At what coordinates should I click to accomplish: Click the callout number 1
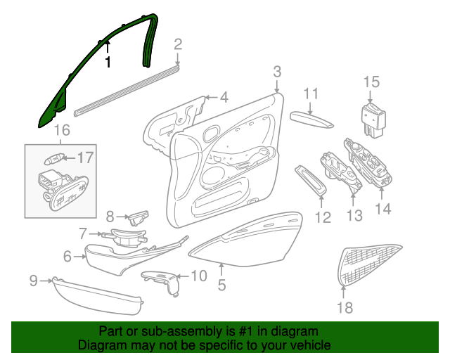point(108,62)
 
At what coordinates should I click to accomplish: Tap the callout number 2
point(178,44)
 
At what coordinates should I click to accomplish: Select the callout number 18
point(345,308)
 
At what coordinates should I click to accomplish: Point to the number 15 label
point(371,82)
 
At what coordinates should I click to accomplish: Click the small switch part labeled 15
point(373,120)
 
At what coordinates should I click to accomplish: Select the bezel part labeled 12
point(311,180)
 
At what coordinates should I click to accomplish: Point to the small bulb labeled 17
point(53,159)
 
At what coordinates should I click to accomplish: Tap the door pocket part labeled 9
point(98,296)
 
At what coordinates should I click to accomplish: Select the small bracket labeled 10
point(162,281)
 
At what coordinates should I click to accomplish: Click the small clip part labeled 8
point(139,217)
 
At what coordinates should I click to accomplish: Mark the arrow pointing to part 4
point(211,98)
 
